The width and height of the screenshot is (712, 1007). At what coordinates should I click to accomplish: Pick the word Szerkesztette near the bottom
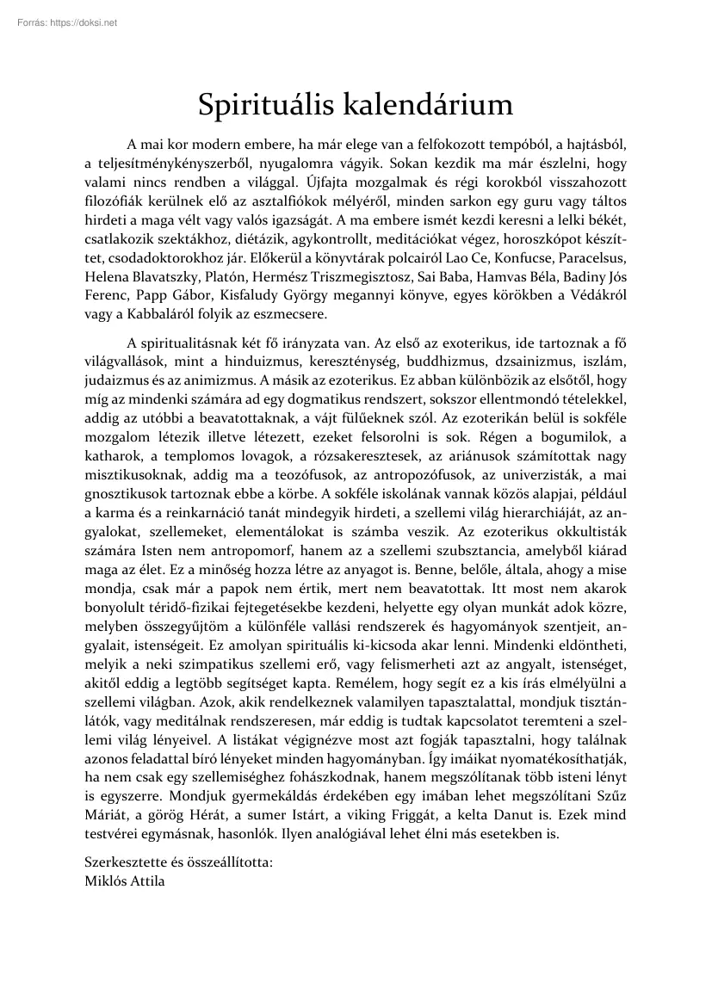pos(127,862)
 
